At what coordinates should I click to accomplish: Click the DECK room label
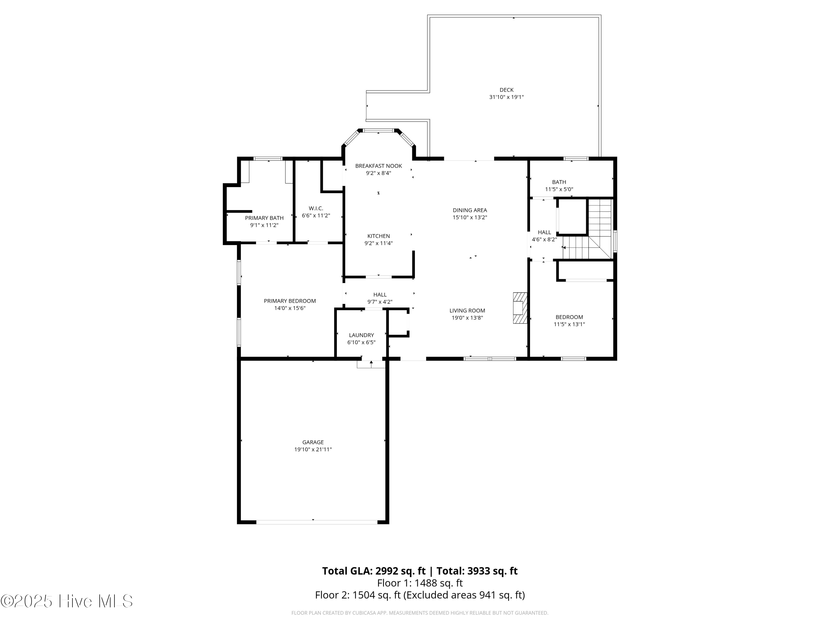506,90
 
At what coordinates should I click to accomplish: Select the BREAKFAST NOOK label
379,166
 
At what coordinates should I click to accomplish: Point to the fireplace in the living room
520,308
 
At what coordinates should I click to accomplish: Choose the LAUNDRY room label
361,335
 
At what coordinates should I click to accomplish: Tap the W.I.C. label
316,209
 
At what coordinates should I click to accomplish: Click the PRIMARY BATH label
264,218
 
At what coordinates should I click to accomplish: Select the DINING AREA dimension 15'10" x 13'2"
470,218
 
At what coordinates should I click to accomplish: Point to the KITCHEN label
379,236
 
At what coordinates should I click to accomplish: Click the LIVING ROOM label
468,311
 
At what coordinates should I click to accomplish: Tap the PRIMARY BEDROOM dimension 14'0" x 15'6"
290,308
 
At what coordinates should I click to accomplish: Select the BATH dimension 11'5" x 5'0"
559,189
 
